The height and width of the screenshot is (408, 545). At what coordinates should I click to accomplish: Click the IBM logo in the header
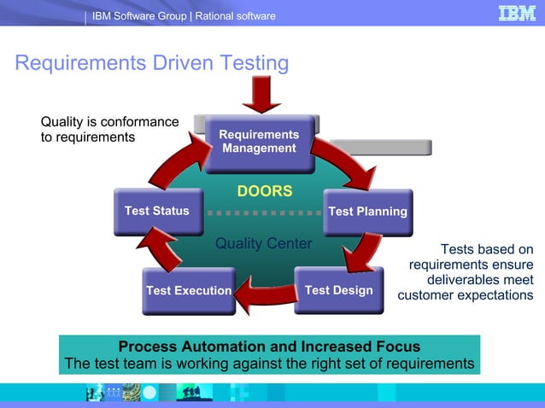click(517, 14)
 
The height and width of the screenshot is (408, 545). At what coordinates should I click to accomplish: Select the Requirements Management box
click(259, 142)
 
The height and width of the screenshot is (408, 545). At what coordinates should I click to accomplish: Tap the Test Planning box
click(367, 212)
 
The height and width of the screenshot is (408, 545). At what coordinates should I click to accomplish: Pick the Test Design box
click(338, 290)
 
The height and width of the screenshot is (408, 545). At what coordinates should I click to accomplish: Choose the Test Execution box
click(188, 291)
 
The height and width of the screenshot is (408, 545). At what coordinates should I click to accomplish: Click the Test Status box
click(157, 212)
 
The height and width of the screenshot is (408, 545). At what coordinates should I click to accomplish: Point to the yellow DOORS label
click(264, 191)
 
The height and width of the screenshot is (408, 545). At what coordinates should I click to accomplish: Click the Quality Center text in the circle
click(263, 244)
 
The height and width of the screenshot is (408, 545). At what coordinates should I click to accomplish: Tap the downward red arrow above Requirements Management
click(261, 95)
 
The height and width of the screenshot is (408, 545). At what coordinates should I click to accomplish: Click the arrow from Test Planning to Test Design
click(364, 253)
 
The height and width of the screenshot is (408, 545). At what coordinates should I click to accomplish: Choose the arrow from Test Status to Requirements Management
click(175, 161)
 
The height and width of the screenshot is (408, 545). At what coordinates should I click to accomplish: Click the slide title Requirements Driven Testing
click(152, 64)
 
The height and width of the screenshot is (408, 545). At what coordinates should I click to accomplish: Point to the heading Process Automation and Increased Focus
click(269, 347)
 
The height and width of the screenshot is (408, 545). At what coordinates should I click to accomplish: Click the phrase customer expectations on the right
click(466, 295)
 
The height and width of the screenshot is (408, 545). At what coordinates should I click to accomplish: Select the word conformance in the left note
click(138, 121)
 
